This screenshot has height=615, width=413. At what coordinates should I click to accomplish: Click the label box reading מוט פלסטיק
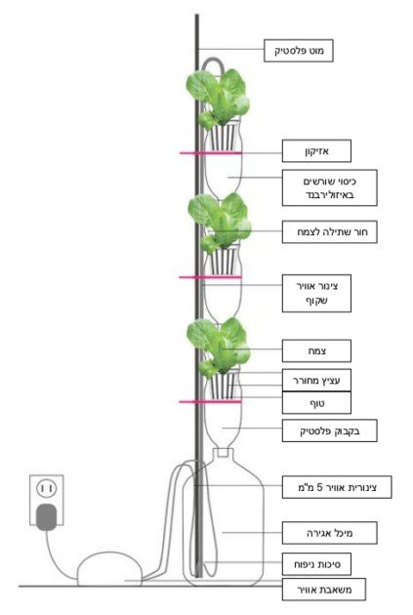pyautogui.click(x=298, y=51)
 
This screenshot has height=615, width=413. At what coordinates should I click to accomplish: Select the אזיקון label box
pyautogui.click(x=316, y=151)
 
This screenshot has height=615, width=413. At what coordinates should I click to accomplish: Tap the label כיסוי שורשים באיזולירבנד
pyautogui.click(x=329, y=187)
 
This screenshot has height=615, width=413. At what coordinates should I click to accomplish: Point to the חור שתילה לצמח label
pyautogui.click(x=329, y=231)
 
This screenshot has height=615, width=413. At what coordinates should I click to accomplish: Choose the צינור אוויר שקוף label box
pyautogui.click(x=316, y=294)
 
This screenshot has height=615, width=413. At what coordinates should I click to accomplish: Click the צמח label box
pyautogui.click(x=316, y=350)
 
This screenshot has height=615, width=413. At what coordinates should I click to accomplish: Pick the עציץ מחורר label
pyautogui.click(x=316, y=380)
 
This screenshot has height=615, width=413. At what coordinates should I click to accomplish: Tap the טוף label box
pyautogui.click(x=316, y=403)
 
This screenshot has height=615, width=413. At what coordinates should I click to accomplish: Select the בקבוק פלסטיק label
pyautogui.click(x=329, y=431)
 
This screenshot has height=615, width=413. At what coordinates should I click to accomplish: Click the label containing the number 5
pyautogui.click(x=337, y=487)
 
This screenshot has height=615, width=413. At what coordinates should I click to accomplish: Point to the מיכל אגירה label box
pyautogui.click(x=329, y=533)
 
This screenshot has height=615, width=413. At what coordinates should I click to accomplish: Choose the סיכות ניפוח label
pyautogui.click(x=316, y=564)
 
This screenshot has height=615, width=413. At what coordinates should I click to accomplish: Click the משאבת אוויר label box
pyautogui.click(x=323, y=589)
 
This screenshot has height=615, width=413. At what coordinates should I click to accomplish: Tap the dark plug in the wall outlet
pyautogui.click(x=46, y=517)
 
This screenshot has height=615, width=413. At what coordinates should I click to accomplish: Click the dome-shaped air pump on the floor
pyautogui.click(x=109, y=569)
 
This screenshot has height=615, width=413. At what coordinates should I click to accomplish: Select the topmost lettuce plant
pyautogui.click(x=218, y=98)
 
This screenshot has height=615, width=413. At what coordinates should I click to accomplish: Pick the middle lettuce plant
pyautogui.click(x=219, y=222)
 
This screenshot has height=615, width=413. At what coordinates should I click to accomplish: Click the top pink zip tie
pyautogui.click(x=211, y=153)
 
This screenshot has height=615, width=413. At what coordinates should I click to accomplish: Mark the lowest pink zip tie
pyautogui.click(x=210, y=401)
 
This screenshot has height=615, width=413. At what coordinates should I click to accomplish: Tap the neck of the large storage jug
pyautogui.click(x=223, y=454)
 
